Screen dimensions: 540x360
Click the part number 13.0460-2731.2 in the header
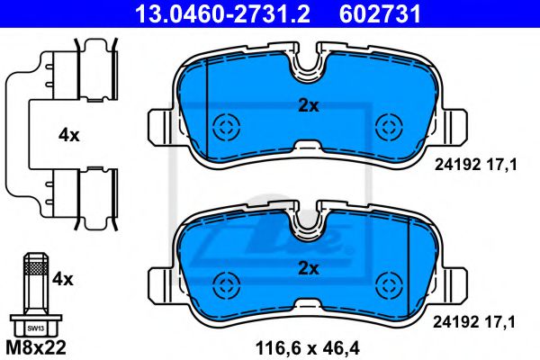[222, 13]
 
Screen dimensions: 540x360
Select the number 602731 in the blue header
[380, 13]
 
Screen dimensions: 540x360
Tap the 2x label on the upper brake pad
[309, 106]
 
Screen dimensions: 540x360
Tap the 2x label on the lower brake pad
[309, 268]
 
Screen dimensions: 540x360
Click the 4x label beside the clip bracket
[69, 135]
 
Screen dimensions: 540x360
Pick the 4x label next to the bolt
[63, 279]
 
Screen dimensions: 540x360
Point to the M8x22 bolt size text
[36, 348]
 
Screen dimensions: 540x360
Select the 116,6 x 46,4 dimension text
[307, 348]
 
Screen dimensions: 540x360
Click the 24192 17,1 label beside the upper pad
[475, 165]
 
